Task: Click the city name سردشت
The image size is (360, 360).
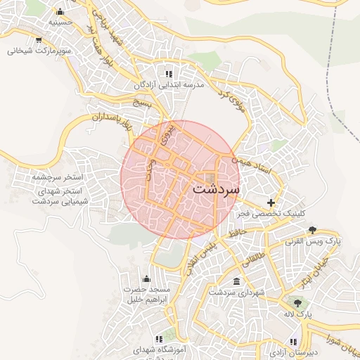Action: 215,189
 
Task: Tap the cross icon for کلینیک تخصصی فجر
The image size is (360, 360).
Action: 271,202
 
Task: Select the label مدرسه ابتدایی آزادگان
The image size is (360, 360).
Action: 169,84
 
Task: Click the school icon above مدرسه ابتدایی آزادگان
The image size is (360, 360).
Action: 169,74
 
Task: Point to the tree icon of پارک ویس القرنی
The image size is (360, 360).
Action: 313,231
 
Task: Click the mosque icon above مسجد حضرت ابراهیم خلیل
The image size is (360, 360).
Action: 146,279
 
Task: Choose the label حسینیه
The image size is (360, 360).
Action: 60,22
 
